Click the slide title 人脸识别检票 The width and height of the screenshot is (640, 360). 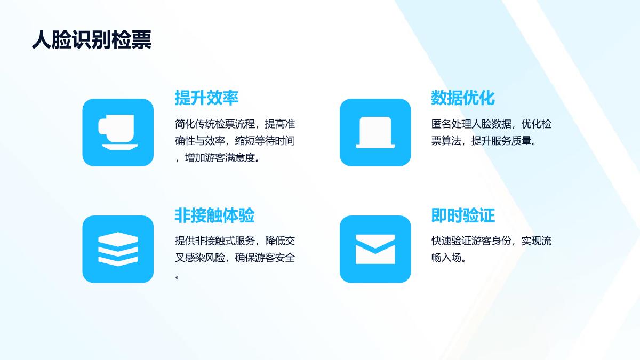point(92,39)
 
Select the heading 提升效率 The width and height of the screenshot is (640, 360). point(206,98)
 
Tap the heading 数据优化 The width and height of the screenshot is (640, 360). point(463,98)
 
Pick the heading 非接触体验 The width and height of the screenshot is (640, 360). point(214,215)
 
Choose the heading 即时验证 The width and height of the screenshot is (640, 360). point(463,215)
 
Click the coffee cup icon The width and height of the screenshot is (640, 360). point(118,132)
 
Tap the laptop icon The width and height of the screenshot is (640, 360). point(375,132)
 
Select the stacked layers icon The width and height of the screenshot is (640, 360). point(118,249)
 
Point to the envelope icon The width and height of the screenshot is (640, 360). point(375,249)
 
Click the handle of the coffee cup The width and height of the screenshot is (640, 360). point(102,127)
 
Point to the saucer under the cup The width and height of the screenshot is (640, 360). point(120,147)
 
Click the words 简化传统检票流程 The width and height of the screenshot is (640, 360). point(214,124)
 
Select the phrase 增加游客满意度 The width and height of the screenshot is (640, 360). point(220,158)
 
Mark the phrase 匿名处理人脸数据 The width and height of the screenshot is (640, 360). point(471,124)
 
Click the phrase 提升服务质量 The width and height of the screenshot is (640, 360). point(501,141)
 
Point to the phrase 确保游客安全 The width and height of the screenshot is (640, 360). point(265,258)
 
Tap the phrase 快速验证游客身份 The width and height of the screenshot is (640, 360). point(471,241)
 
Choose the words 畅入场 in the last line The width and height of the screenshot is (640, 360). point(446,258)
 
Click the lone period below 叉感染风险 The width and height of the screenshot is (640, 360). point(177,277)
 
